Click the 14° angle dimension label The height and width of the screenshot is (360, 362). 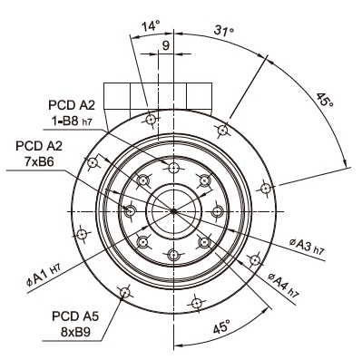(x=151, y=26)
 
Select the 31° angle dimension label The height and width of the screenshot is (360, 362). (x=224, y=31)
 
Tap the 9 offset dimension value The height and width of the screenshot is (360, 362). (x=166, y=45)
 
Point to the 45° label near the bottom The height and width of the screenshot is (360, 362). (x=221, y=327)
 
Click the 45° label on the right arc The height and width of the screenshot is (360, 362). (x=325, y=100)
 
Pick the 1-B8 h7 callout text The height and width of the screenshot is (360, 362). (x=72, y=122)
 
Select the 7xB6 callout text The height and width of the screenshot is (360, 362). (x=39, y=161)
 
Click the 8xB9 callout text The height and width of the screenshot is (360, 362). (x=75, y=333)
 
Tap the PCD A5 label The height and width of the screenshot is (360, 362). (x=75, y=316)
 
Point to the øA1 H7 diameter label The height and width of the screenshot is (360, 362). (x=44, y=275)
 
